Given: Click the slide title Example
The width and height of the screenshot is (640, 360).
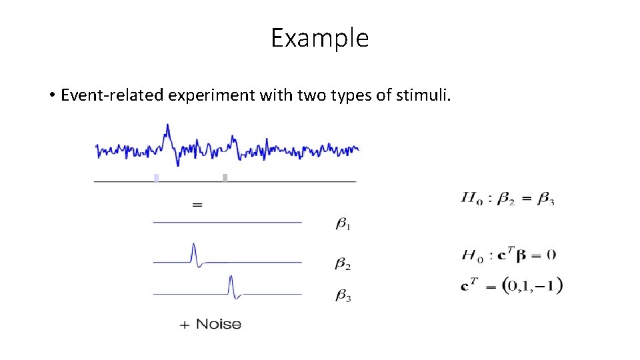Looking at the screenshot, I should [319, 38].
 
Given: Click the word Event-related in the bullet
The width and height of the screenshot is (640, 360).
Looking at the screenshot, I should [111, 95].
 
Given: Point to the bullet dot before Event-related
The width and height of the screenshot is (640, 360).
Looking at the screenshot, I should [51, 96].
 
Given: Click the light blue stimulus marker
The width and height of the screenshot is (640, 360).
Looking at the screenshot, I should [156, 177].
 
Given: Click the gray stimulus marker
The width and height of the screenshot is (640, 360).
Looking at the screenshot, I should [225, 177].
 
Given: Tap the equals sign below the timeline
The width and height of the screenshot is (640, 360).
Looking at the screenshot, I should [197, 205].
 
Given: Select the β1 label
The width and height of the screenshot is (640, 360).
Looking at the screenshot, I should [343, 225].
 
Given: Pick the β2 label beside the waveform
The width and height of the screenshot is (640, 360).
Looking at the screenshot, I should [343, 264].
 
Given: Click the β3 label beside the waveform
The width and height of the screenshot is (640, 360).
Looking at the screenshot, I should [343, 296].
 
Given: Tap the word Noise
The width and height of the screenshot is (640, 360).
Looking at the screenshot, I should [219, 325].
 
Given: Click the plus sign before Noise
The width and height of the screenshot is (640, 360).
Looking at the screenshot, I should [185, 325].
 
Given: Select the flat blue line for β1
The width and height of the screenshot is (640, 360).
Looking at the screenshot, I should [227, 223].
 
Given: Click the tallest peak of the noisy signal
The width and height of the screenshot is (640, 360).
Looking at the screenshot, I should [167, 125].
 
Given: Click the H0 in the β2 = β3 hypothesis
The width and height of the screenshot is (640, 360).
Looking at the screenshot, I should [471, 199].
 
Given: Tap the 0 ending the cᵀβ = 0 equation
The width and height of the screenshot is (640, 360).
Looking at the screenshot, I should [551, 254].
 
